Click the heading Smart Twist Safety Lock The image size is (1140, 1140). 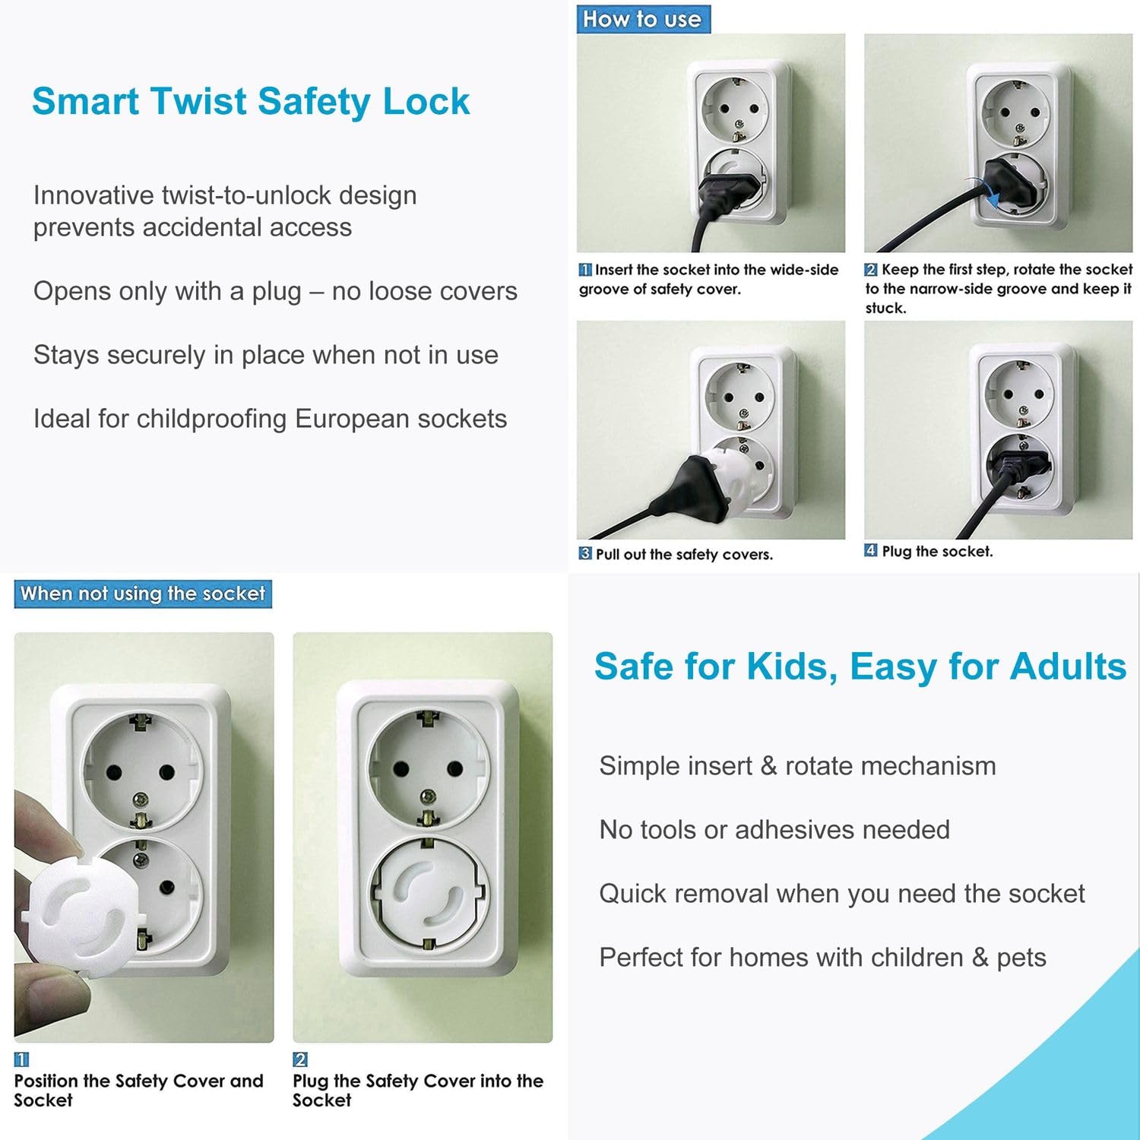[x=251, y=102]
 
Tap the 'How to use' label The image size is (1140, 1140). [x=643, y=19]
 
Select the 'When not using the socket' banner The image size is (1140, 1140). [x=143, y=594]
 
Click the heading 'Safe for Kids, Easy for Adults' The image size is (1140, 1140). [x=860, y=667]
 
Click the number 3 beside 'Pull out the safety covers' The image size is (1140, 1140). [x=584, y=553]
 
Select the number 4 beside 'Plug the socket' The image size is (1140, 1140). [x=871, y=550]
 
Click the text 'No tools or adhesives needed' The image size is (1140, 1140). [x=774, y=829]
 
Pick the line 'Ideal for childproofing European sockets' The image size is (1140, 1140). [x=270, y=419]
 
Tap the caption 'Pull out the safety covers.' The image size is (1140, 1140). [x=684, y=554]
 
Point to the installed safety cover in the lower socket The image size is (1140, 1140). [x=428, y=894]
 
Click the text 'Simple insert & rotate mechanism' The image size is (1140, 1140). [x=797, y=765]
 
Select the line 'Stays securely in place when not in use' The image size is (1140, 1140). [x=266, y=355]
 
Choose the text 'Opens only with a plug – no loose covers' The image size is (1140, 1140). [x=275, y=291]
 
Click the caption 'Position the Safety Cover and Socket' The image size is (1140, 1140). [x=138, y=1091]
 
